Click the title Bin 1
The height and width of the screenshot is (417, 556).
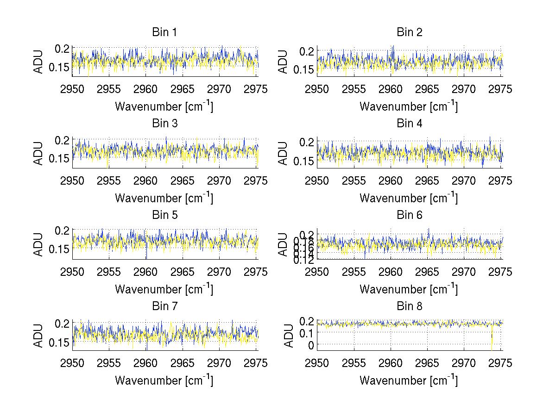tap(164, 32)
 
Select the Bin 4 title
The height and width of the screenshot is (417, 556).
tap(409, 124)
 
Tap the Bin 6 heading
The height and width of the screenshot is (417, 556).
tap(409, 215)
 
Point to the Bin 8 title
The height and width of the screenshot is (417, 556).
tap(409, 306)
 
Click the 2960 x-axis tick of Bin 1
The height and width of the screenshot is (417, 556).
tap(145, 89)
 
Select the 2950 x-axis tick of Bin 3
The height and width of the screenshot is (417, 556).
tap(73, 180)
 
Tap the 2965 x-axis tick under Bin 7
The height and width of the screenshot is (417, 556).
tap(182, 363)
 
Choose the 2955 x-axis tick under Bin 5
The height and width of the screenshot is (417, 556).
tap(109, 272)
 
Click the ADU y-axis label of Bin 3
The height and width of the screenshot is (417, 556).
tap(39, 153)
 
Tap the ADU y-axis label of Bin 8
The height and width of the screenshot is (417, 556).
tap(288, 336)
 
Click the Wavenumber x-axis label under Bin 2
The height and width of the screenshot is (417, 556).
tap(408, 106)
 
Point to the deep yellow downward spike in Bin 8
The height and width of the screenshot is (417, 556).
tap(492, 342)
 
